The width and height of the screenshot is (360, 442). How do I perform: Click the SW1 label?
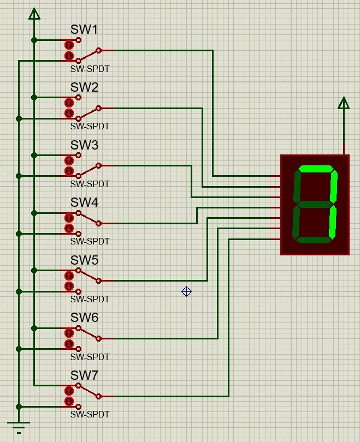click(84, 29)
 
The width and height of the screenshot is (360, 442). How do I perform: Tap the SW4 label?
click(84, 202)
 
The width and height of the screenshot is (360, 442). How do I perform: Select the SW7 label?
click(84, 375)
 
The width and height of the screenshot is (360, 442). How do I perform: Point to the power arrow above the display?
click(344, 103)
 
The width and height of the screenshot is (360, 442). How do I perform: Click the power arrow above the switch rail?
click(34, 14)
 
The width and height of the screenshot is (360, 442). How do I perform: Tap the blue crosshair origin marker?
click(186, 291)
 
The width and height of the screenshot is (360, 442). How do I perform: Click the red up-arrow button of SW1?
click(69, 45)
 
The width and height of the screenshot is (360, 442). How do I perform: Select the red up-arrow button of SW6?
click(69, 333)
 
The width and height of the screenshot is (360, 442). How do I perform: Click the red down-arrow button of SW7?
click(69, 401)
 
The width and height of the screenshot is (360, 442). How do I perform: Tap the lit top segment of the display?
click(316, 169)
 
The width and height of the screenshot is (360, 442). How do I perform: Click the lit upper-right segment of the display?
click(333, 186)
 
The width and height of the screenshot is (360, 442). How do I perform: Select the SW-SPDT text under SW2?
click(90, 126)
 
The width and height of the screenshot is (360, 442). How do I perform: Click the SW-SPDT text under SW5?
click(90, 299)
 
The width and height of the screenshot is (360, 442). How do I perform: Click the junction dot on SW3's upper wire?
click(34, 156)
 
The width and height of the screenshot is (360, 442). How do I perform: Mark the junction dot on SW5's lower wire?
click(19, 291)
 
